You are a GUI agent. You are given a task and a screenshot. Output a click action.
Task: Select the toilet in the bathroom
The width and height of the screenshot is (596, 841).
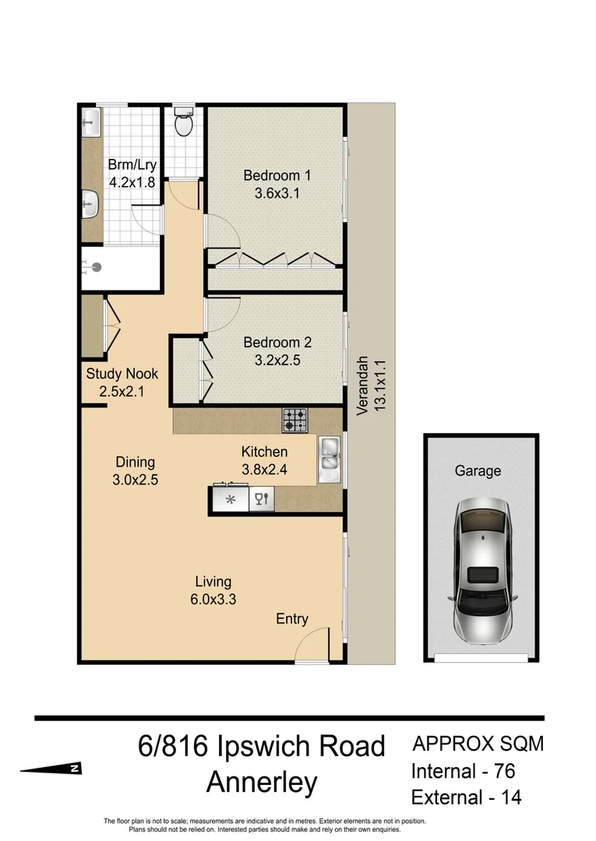[184, 122]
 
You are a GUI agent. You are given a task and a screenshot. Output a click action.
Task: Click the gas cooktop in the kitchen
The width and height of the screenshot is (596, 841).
[294, 420]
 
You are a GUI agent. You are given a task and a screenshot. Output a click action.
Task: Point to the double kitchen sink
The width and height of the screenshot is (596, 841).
[330, 458]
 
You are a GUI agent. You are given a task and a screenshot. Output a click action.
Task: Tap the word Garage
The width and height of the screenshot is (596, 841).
[478, 471]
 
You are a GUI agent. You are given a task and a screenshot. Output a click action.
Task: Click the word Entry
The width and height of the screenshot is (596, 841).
[292, 619]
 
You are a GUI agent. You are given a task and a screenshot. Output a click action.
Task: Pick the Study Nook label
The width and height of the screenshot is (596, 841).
[122, 374]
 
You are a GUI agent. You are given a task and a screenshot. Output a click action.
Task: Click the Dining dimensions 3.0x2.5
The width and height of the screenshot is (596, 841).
[135, 480]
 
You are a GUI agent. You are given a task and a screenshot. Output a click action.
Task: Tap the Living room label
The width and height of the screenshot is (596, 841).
[213, 582]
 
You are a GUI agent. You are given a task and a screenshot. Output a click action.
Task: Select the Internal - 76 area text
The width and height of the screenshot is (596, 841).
[463, 771]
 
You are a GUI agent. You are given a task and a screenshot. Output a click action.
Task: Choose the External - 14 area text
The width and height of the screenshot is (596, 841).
[466, 797]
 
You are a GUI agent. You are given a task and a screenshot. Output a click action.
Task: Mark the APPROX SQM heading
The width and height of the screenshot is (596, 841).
[478, 744]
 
